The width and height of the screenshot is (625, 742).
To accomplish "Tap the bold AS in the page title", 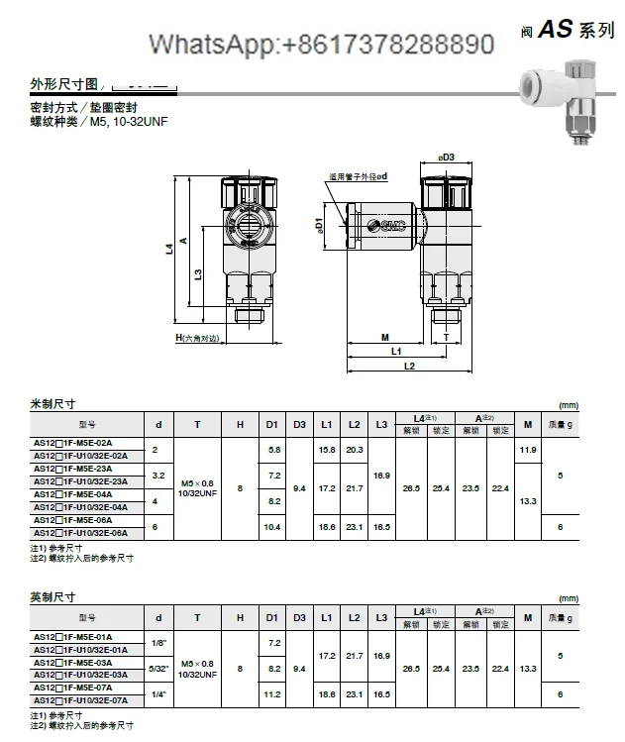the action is (556, 30).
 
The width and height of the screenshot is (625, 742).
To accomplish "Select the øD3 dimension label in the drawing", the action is (447, 157).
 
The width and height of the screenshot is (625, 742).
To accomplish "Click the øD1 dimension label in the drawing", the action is (319, 226).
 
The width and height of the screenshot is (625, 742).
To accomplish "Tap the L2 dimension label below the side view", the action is (409, 366).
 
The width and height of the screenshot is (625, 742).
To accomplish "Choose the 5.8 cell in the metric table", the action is (274, 449).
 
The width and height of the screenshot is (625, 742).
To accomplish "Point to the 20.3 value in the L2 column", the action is (354, 449).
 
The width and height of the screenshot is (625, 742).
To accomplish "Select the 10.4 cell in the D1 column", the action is (274, 527).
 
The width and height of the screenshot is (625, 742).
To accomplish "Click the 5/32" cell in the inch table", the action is (157, 669).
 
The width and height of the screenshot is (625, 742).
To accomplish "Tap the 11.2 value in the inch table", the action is (274, 693).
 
